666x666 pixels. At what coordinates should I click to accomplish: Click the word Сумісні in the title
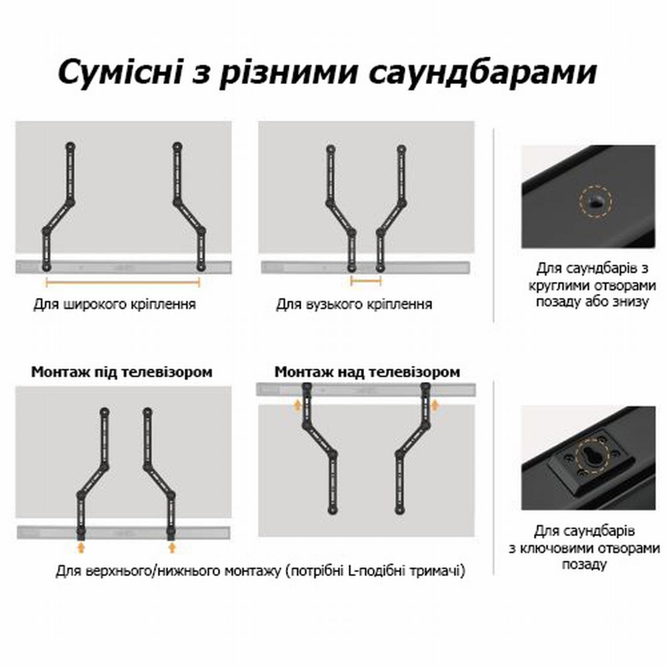pyautogui.click(x=120, y=72)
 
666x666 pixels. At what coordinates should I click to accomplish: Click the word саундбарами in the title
pyautogui.click(x=483, y=73)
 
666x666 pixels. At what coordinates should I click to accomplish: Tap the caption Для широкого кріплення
pyautogui.click(x=115, y=305)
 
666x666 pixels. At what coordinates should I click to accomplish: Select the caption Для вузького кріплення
pyautogui.click(x=354, y=305)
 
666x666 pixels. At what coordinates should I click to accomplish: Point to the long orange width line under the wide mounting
pyautogui.click(x=123, y=283)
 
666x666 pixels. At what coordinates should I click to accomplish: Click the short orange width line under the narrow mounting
pyautogui.click(x=366, y=282)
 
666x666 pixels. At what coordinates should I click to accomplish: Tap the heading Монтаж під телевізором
pyautogui.click(x=122, y=372)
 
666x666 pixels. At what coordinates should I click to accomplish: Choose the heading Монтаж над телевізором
pyautogui.click(x=367, y=372)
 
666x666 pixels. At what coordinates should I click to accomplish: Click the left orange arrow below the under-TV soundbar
pyautogui.click(x=80, y=547)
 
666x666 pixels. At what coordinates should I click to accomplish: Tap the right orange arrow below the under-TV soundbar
pyautogui.click(x=172, y=547)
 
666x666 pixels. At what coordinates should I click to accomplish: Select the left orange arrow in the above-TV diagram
pyautogui.click(x=296, y=405)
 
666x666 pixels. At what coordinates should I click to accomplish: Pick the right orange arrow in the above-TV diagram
pyautogui.click(x=435, y=405)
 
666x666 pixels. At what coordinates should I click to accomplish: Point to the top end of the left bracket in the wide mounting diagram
pyautogui.click(x=70, y=147)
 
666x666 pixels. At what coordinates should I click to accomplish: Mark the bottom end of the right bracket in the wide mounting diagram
pyautogui.click(x=200, y=267)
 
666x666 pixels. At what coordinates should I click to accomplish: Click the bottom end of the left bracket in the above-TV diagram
pyautogui.click(x=332, y=510)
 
